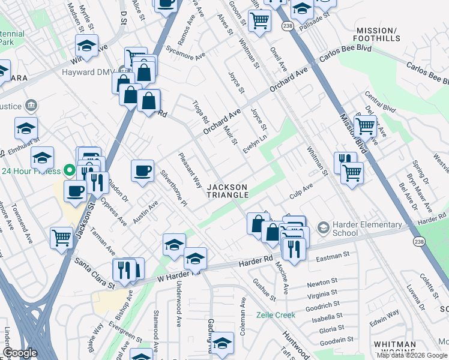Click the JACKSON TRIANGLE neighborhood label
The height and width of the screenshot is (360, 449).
[228, 191]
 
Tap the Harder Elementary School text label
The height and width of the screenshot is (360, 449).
[367, 229]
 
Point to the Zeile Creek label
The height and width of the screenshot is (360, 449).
[276, 315]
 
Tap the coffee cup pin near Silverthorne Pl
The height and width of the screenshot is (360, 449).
[142, 172]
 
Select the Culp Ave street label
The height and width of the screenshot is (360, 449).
[301, 191]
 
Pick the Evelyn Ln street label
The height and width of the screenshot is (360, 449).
[255, 143]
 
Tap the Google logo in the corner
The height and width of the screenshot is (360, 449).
[20, 353]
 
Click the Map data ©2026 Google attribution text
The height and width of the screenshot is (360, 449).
[412, 355]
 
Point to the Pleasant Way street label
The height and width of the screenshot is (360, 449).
[190, 170]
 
